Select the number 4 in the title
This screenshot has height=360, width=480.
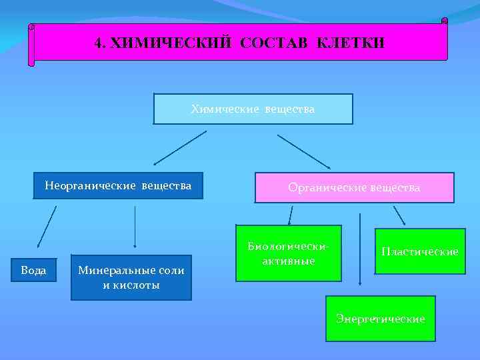(x=98, y=43)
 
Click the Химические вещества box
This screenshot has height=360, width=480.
(x=253, y=109)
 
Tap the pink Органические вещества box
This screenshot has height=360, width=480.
(x=354, y=188)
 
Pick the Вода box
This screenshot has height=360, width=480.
(x=34, y=270)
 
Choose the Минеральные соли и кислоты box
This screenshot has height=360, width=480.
(x=131, y=277)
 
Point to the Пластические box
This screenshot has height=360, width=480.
(x=419, y=251)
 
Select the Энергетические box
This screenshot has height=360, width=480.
(x=380, y=319)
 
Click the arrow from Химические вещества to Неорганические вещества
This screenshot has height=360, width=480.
(x=180, y=147)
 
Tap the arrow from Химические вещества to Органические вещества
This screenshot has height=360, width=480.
(x=304, y=151)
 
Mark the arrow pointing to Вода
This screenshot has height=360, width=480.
(x=46, y=227)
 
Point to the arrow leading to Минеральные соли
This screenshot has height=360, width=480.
(x=135, y=227)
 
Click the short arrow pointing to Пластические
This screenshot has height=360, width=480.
(x=399, y=215)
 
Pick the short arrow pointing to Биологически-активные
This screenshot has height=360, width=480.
(x=291, y=215)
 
